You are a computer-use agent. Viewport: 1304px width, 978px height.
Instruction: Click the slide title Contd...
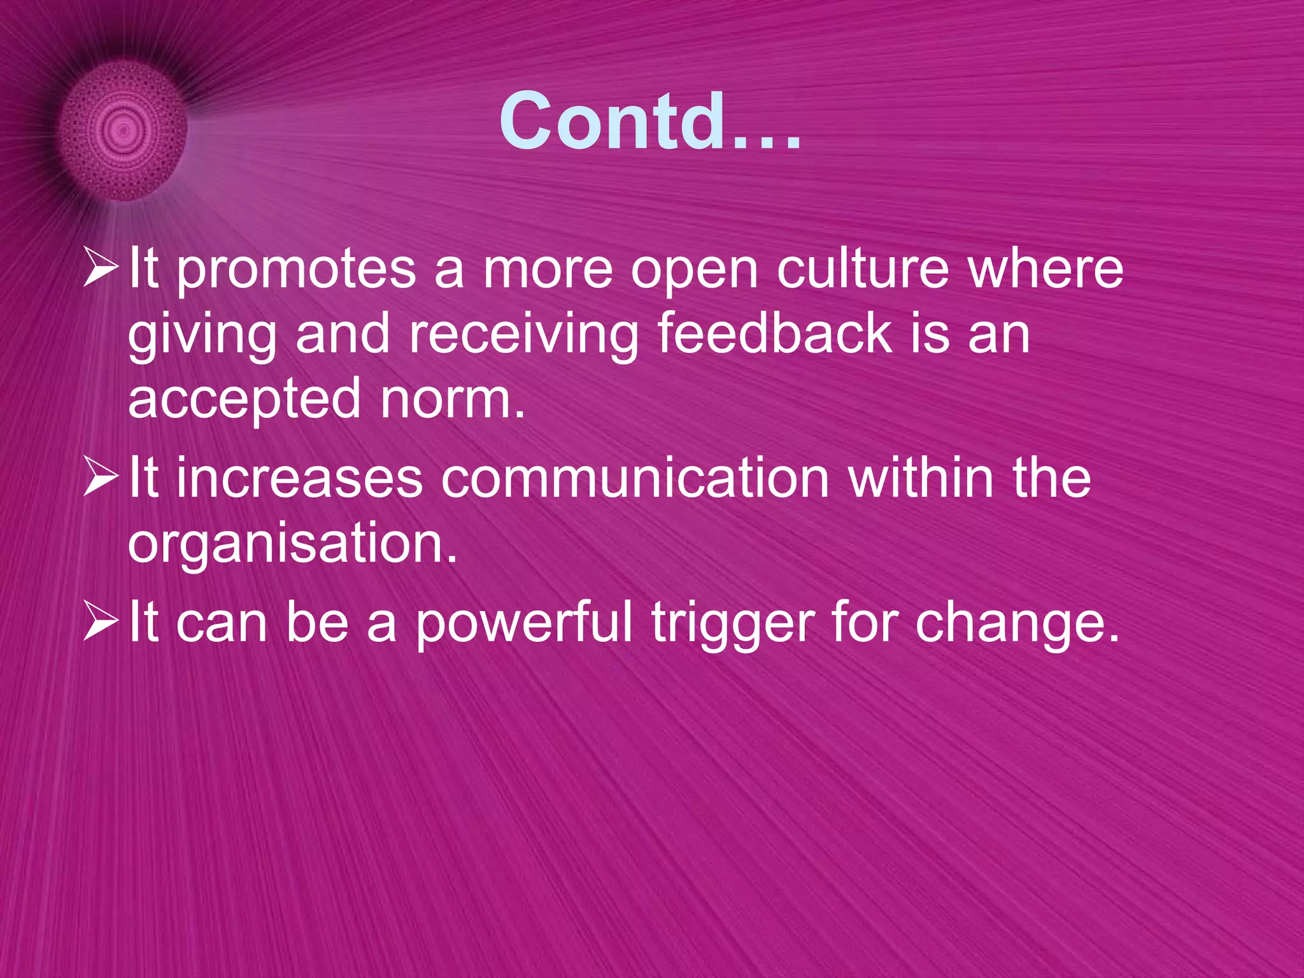(x=649, y=121)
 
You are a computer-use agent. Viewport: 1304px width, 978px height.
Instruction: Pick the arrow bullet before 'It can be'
(x=101, y=623)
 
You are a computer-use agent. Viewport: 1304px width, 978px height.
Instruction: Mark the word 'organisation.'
(x=293, y=545)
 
